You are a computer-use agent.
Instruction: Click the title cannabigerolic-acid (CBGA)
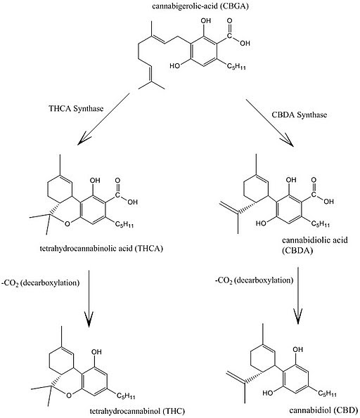(200, 6)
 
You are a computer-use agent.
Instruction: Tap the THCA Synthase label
(76, 108)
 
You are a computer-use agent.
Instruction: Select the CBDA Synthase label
(299, 115)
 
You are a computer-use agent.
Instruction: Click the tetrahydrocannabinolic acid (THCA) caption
(101, 249)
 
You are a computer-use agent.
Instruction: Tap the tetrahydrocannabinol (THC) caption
(137, 411)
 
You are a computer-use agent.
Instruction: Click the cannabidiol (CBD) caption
(323, 410)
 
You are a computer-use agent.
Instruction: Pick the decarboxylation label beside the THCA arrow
(41, 282)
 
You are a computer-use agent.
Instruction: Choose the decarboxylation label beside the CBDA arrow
(254, 280)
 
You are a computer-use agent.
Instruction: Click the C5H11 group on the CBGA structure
(236, 66)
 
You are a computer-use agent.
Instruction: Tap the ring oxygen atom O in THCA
(67, 223)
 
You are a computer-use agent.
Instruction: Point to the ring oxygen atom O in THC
(69, 395)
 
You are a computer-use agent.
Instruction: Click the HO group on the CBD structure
(268, 393)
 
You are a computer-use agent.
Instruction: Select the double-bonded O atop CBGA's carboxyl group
(229, 21)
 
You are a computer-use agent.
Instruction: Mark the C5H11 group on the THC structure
(126, 396)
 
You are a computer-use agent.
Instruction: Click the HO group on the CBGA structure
(175, 65)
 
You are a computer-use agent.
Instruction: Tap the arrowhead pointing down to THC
(89, 318)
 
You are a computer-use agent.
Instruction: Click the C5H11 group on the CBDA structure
(321, 223)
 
